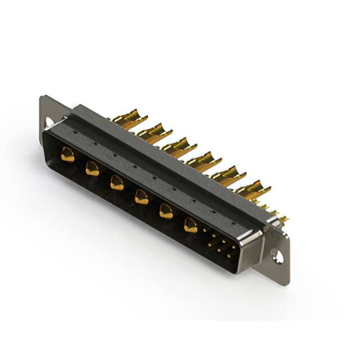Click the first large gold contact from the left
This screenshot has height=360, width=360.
[x=67, y=154]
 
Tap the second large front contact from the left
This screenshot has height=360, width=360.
[x=92, y=168]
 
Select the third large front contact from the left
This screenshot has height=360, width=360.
[x=116, y=182]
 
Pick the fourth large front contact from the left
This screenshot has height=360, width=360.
[x=141, y=196]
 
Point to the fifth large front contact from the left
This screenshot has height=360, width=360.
[x=166, y=211]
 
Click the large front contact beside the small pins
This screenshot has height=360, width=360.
[x=191, y=226]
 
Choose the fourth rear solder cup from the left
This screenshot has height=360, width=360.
[x=201, y=161]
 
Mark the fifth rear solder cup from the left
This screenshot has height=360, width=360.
[x=227, y=175]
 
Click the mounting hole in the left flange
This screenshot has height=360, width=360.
[x=49, y=121]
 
